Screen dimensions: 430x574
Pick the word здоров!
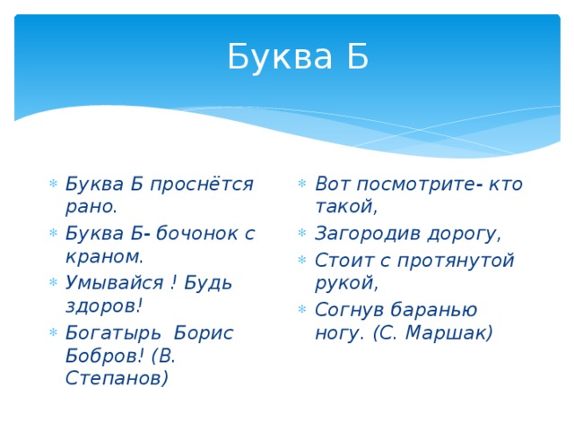(104, 305)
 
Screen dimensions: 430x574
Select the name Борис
(204, 332)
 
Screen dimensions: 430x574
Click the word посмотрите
(413, 185)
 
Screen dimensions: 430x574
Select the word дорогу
(467, 234)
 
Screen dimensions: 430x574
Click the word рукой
(344, 283)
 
